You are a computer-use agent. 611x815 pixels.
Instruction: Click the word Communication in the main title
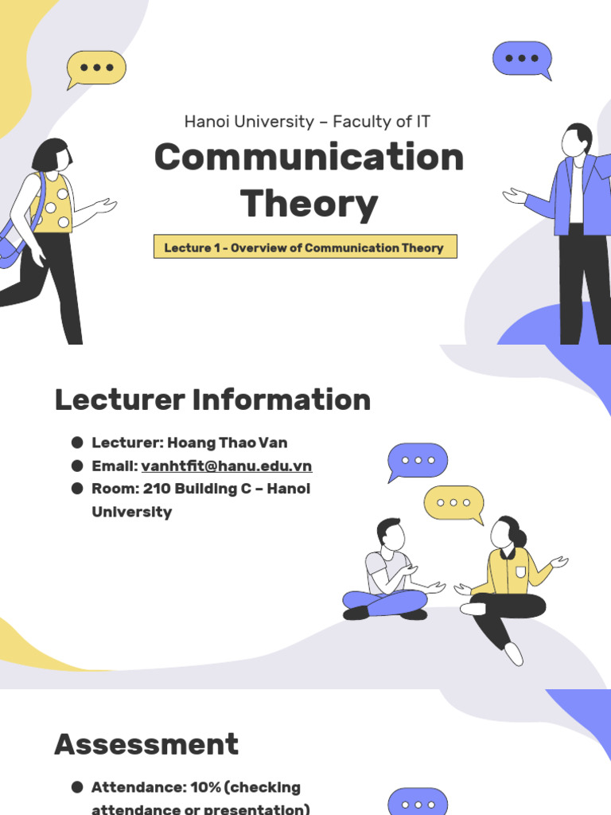(x=309, y=157)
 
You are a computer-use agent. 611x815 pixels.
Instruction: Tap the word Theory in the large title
(x=309, y=204)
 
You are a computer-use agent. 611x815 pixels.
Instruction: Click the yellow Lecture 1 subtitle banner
(x=305, y=248)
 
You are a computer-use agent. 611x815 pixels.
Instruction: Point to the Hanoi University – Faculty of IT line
(x=307, y=122)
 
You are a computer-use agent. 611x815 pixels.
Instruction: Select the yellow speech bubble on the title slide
(x=95, y=68)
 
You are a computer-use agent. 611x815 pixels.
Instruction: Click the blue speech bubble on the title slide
(x=522, y=59)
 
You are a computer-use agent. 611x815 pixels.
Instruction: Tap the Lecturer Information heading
(x=212, y=400)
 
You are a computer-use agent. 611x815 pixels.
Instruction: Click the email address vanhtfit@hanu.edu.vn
(x=227, y=466)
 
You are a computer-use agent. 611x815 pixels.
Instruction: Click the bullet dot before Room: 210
(x=77, y=489)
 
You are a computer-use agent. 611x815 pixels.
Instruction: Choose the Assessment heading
(x=146, y=744)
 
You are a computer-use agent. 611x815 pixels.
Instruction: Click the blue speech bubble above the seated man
(x=418, y=461)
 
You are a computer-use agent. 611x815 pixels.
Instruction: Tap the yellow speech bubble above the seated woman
(x=453, y=503)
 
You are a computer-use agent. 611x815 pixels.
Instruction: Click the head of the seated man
(x=391, y=534)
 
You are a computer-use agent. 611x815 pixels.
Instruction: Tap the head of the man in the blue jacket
(x=575, y=140)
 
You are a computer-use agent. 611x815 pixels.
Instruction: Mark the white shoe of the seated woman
(x=514, y=653)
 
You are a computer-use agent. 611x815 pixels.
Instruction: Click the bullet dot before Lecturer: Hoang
(x=77, y=443)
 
